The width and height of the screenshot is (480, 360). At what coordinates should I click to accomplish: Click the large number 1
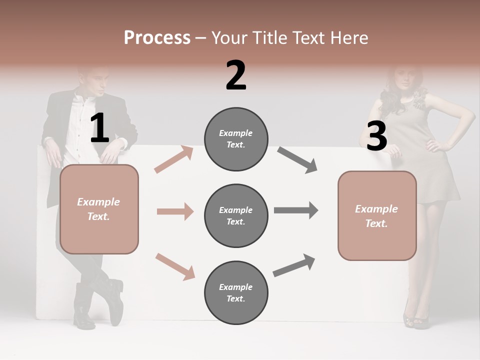tap(99, 128)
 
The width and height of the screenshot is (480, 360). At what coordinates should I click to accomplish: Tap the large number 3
tap(376, 136)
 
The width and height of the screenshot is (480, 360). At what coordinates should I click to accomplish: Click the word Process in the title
tap(157, 37)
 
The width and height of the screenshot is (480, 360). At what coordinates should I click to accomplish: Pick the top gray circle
tap(236, 139)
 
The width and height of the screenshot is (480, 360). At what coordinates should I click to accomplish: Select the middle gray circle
tap(236, 215)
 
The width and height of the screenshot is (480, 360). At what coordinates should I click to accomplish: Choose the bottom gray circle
tap(236, 292)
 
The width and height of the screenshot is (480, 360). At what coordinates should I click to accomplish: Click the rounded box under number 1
tap(99, 209)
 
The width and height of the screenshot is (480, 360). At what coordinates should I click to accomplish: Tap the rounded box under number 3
tap(377, 215)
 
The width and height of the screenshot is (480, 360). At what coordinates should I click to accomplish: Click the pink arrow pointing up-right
tap(174, 159)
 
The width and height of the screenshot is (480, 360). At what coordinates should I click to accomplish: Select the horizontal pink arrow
tap(175, 211)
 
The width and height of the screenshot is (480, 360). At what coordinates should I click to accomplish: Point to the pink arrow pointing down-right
tap(175, 266)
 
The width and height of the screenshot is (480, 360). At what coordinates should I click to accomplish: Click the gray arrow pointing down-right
tap(297, 160)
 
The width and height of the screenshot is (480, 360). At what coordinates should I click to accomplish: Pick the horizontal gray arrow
tap(296, 210)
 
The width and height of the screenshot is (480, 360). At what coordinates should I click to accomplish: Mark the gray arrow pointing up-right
tap(294, 265)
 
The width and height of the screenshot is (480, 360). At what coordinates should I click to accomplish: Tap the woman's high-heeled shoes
tap(416, 318)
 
